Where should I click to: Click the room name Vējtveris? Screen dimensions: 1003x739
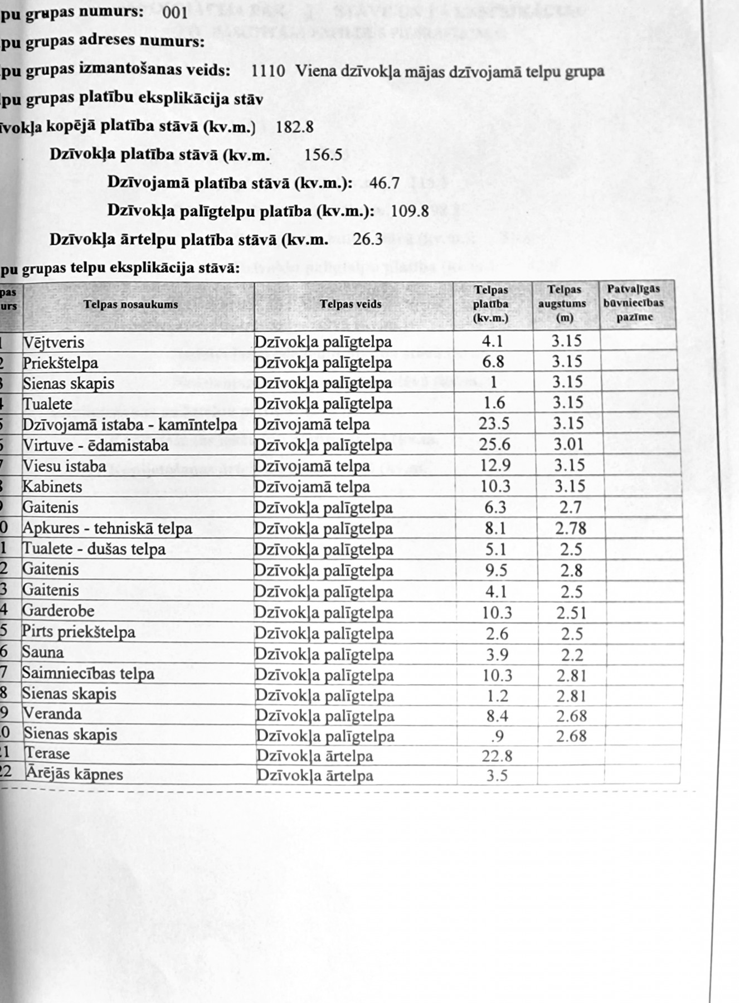click(54, 342)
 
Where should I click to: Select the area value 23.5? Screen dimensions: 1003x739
click(494, 423)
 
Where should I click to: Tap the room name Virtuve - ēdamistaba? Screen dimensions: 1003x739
click(95, 446)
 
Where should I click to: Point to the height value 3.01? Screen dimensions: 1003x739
click(568, 445)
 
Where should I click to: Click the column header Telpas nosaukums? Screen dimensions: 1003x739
click(131, 304)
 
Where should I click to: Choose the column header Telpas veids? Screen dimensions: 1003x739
click(351, 304)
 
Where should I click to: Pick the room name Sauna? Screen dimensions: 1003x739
click(43, 653)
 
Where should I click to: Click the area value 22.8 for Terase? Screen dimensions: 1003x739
click(497, 756)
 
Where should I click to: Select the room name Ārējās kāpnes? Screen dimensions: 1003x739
click(74, 774)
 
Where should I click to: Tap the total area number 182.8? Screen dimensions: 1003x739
click(295, 127)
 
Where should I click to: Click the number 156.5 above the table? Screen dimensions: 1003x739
click(323, 155)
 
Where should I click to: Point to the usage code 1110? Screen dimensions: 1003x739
click(268, 71)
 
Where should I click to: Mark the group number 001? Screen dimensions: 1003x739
click(176, 13)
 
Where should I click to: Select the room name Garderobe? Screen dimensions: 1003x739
click(58, 611)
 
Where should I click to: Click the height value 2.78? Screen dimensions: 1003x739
click(571, 528)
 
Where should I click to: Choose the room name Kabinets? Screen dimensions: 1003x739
click(52, 487)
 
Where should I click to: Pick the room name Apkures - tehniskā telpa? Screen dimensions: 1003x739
click(107, 528)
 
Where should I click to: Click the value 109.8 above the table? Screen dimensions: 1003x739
click(410, 212)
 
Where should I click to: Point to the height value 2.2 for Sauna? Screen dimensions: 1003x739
click(572, 655)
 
